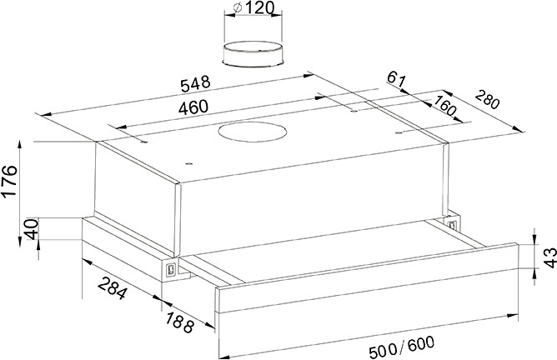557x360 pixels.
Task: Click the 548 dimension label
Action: click(195, 84)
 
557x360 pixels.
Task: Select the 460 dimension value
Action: click(193, 107)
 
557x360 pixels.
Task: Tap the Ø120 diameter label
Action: click(253, 7)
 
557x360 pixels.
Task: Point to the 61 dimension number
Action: click(396, 80)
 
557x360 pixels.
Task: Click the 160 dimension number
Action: click(444, 106)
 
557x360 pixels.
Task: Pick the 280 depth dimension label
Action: click(487, 99)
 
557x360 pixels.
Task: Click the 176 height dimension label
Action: click(9, 181)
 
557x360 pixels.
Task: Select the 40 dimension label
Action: click(31, 229)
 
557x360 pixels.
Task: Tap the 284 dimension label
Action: click(113, 287)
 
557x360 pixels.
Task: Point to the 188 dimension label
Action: click(180, 322)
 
